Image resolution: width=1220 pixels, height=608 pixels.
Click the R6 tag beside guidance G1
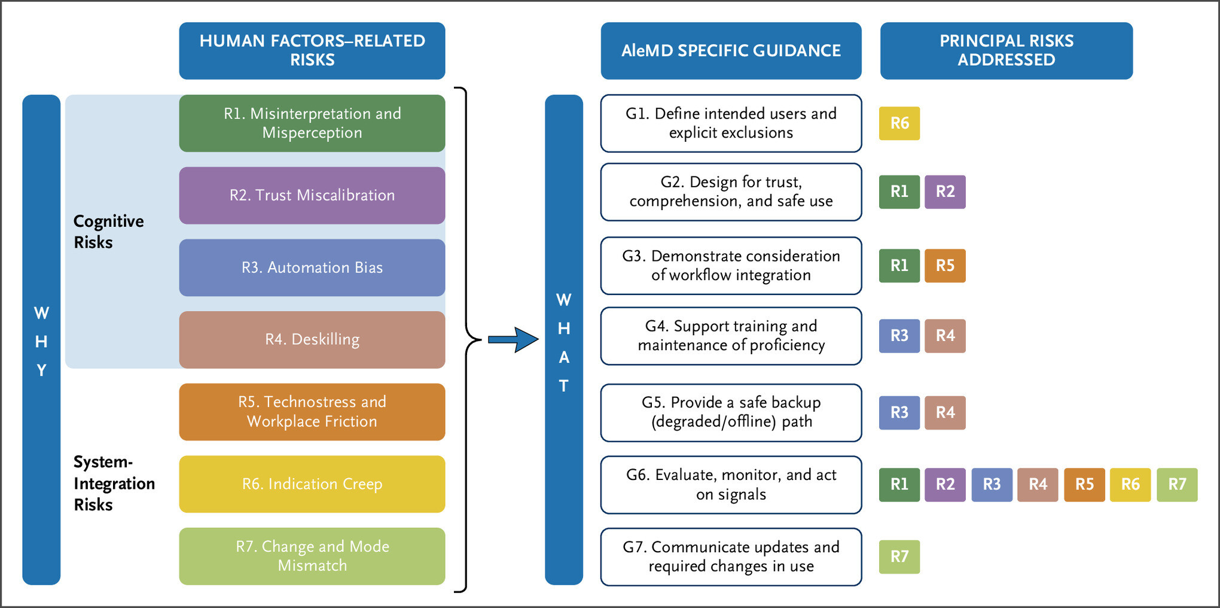tap(899, 123)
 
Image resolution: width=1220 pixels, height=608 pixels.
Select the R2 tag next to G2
tap(945, 191)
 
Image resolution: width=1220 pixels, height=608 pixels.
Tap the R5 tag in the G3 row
tap(945, 266)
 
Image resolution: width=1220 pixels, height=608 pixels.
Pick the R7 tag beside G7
tap(899, 557)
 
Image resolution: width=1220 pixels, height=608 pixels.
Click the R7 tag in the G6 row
tap(1177, 484)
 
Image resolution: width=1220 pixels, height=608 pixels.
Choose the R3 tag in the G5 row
tap(899, 412)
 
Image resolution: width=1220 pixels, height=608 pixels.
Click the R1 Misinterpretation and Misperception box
tap(312, 123)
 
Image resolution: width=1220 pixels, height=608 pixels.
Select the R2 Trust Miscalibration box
tap(312, 195)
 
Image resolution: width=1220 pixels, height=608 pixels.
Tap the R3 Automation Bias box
tap(312, 267)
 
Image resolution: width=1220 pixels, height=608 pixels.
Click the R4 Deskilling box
tap(312, 339)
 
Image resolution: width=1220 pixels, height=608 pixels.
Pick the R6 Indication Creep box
tap(312, 484)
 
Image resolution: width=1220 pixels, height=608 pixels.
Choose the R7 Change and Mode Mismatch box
tap(312, 556)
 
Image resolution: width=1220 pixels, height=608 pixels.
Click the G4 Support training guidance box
tap(731, 336)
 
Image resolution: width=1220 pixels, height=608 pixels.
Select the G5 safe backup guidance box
tap(731, 412)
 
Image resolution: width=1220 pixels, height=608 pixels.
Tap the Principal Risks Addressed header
tap(1006, 51)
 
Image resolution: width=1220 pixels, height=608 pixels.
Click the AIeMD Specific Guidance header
tap(731, 51)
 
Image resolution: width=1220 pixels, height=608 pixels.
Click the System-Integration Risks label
tap(114, 484)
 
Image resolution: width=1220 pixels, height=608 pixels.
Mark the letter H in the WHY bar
tap(41, 342)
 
